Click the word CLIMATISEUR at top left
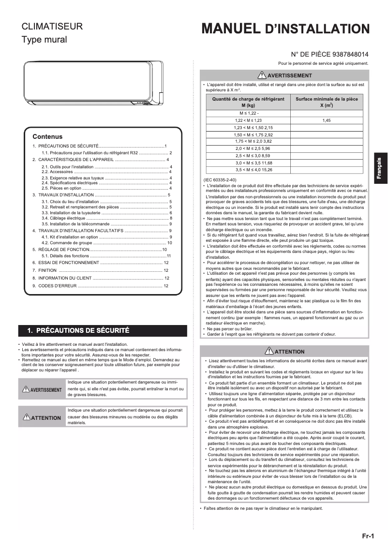tap(52, 27)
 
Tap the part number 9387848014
tap(345, 55)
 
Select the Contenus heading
tap(47, 136)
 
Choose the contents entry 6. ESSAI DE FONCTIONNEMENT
tap(66, 262)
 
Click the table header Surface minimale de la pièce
tap(327, 102)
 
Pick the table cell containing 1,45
tap(327, 120)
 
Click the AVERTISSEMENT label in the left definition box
tap(42, 390)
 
